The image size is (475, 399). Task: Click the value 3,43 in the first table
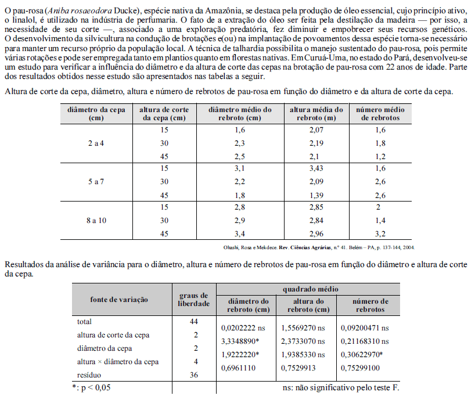[316, 168]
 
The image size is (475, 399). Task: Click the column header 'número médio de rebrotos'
[380, 113]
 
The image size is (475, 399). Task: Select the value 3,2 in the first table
[380, 234]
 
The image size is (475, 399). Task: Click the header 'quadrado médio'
[310, 289]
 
